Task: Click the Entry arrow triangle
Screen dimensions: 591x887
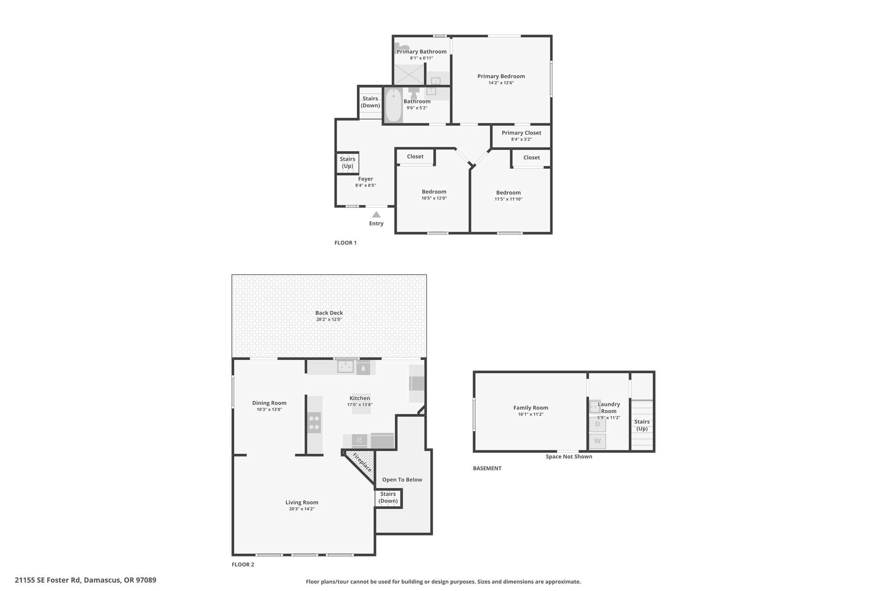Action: [x=376, y=214]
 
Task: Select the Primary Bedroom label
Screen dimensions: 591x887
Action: [x=501, y=76]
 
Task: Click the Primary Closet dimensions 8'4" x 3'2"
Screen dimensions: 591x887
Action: [x=521, y=139]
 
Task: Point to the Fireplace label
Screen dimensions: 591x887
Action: [x=362, y=462]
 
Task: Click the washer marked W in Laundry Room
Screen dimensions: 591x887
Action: [x=597, y=441]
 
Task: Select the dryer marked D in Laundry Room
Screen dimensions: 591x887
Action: [x=597, y=424]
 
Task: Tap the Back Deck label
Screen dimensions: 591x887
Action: [x=329, y=313]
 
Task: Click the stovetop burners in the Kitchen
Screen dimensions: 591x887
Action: [x=314, y=423]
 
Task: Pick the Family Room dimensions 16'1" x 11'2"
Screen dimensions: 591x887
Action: [x=531, y=414]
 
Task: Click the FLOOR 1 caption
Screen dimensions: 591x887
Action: [x=345, y=243]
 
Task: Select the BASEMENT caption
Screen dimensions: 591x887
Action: [x=487, y=468]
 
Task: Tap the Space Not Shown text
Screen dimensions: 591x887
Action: [x=569, y=456]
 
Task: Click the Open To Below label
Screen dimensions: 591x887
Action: [x=402, y=480]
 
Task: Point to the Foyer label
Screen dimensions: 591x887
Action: [x=366, y=179]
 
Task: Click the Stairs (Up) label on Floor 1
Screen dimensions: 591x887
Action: [x=347, y=162]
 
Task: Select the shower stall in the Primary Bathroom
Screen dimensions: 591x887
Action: [x=408, y=74]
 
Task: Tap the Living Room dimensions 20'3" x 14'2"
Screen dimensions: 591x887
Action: [x=301, y=509]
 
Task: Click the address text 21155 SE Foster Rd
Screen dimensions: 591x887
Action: [x=48, y=580]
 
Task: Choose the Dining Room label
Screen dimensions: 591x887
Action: [x=269, y=403]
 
